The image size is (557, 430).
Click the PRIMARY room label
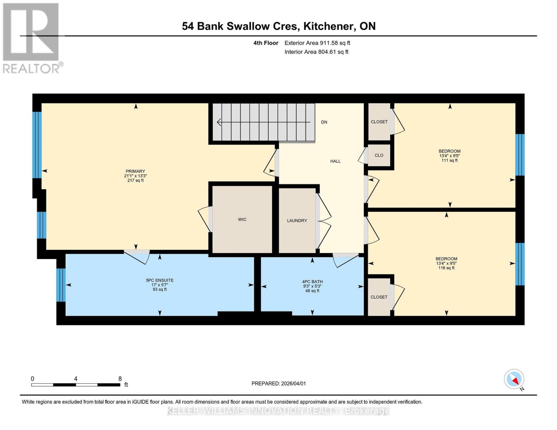(x=135, y=171)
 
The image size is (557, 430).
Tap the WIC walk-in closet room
(x=242, y=219)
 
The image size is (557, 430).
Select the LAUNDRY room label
(x=297, y=220)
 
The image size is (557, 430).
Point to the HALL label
(x=335, y=161)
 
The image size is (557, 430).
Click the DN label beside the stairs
(x=324, y=122)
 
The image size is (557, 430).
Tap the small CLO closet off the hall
(x=379, y=156)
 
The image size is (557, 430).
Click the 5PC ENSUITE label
(x=160, y=280)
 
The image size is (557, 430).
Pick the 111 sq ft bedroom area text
(x=449, y=161)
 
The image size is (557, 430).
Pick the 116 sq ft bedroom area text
(x=446, y=268)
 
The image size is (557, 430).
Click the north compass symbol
(x=514, y=379)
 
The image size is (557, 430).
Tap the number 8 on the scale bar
(x=120, y=379)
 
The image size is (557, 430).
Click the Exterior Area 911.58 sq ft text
(x=317, y=43)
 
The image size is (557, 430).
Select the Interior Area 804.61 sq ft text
(x=316, y=52)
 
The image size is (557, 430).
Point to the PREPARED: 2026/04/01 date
(x=279, y=383)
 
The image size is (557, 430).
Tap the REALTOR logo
(x=32, y=38)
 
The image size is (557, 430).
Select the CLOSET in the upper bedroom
(x=379, y=122)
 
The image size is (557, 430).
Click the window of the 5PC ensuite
(x=61, y=285)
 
